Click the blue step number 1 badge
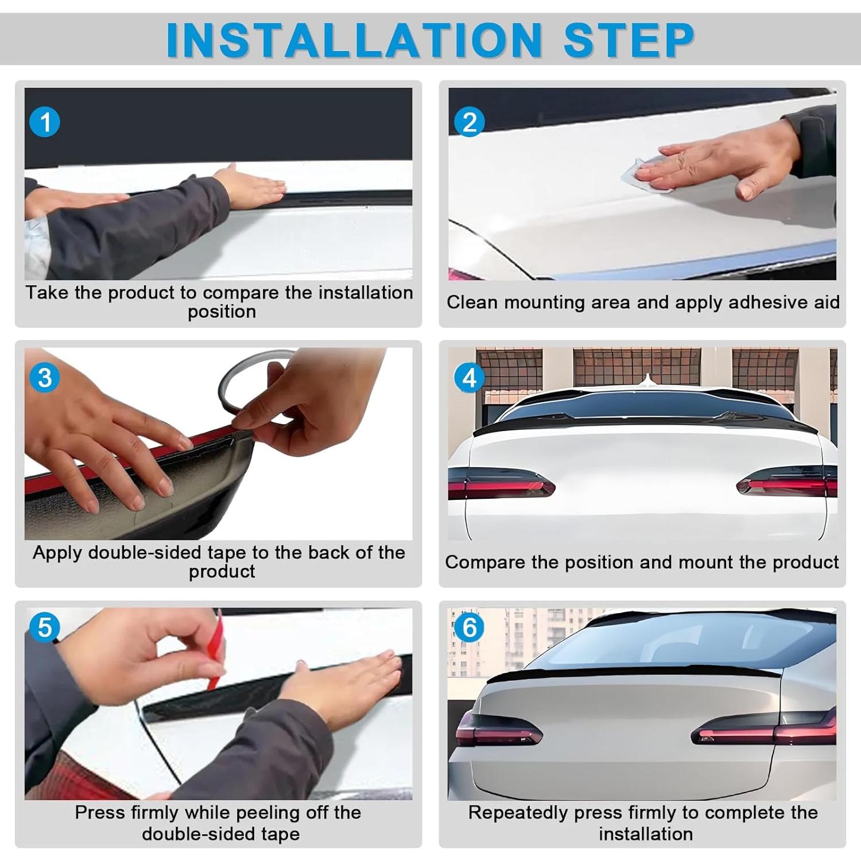(44, 122)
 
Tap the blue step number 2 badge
(469, 122)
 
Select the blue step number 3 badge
(44, 378)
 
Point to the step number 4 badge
(469, 378)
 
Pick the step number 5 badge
(44, 627)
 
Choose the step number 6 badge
(469, 627)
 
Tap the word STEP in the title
(629, 40)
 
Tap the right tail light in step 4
(787, 482)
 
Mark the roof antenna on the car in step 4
(648, 380)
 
